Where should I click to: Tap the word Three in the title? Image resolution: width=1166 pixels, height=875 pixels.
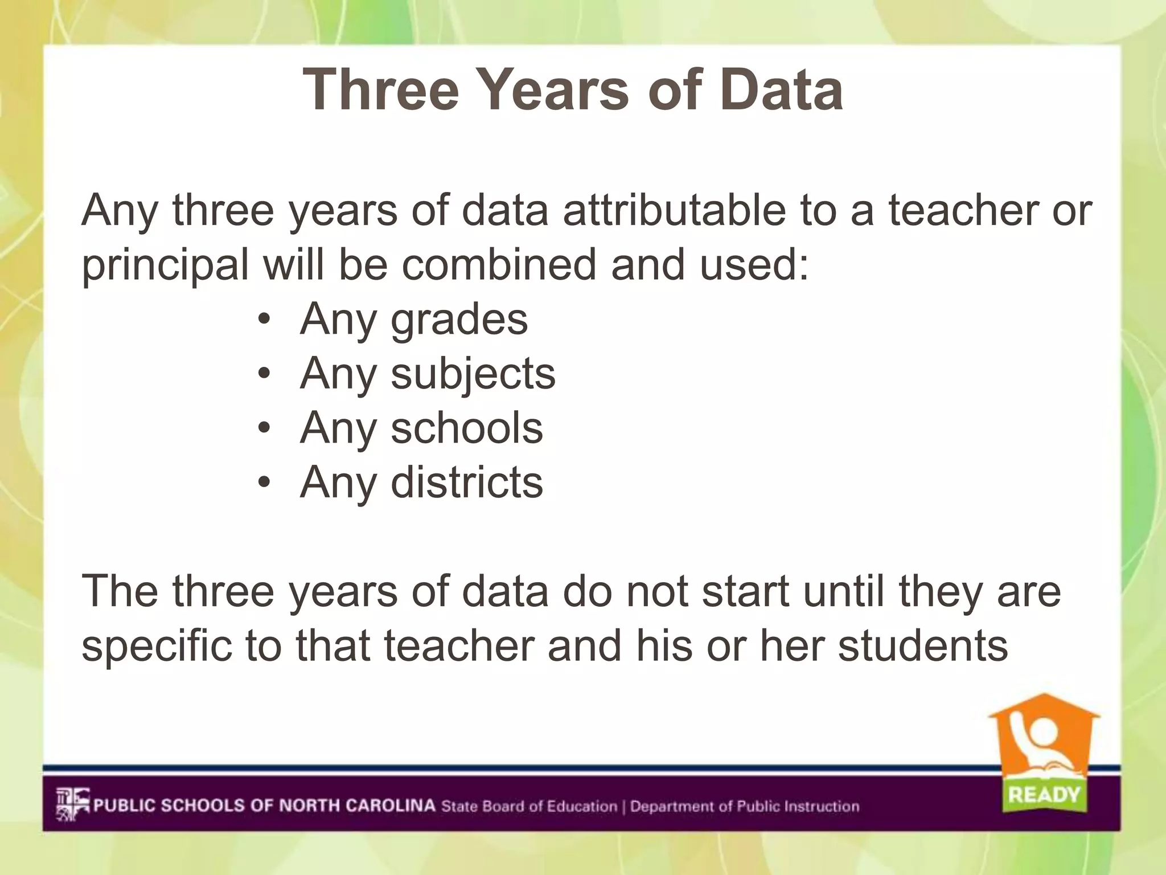tap(380, 90)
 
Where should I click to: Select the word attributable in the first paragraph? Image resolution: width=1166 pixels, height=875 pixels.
tap(674, 210)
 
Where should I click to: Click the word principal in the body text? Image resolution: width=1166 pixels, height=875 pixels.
tap(165, 266)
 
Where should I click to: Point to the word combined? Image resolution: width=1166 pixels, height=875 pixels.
tap(499, 265)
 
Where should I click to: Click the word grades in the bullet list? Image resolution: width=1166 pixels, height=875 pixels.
tap(459, 320)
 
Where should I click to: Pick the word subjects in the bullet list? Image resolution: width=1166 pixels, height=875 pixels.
tap(473, 375)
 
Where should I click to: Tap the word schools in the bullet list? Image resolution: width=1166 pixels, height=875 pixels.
tap(466, 428)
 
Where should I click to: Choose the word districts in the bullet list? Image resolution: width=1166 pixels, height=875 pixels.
tap(466, 483)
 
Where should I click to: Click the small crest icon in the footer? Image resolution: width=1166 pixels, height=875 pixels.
tap(72, 804)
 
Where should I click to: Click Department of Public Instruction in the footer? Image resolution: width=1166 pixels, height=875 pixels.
tap(745, 806)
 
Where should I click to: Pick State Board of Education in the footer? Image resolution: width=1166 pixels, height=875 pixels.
tap(529, 806)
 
